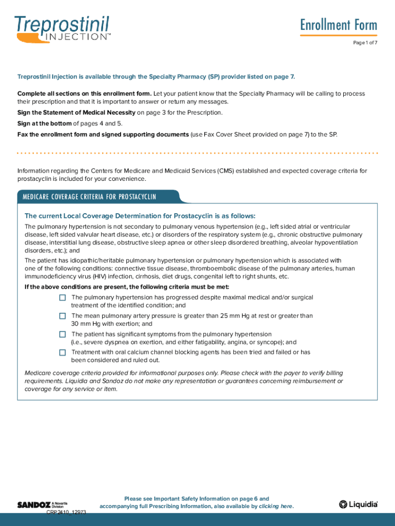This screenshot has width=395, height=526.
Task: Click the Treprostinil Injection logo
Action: [x=63, y=28]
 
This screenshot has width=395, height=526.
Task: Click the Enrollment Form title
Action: [x=339, y=25]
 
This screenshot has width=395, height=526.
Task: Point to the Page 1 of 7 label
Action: [x=365, y=43]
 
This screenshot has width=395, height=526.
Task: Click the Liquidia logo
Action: [x=358, y=504]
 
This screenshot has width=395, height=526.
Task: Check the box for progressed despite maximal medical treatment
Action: [x=63, y=297]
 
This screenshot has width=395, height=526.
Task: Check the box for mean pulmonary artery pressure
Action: [x=63, y=316]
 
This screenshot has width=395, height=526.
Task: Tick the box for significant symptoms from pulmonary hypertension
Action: [x=63, y=334]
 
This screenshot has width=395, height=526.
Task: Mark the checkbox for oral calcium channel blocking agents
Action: [x=63, y=352]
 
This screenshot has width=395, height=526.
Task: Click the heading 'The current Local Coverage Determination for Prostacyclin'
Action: [x=140, y=216]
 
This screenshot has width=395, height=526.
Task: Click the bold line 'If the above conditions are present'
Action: [x=127, y=287]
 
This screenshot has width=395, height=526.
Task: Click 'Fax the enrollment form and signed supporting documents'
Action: [x=103, y=134]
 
